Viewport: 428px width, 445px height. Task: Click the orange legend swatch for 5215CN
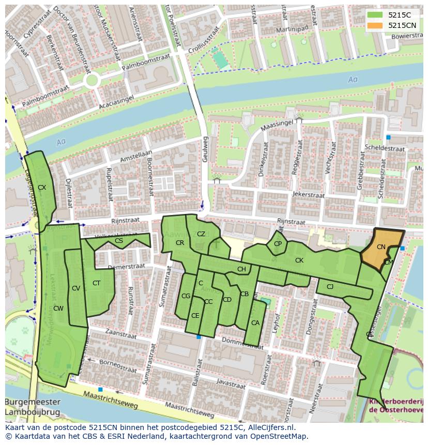point(375,25)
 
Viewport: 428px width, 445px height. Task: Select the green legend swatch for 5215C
point(375,15)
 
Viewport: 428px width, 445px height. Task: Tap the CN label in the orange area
point(381,247)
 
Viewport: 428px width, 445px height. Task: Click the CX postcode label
point(42,188)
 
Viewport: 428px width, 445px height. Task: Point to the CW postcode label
point(58,309)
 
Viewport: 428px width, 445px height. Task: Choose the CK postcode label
point(299,260)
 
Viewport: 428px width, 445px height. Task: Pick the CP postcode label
point(278,244)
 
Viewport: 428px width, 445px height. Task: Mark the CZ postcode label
point(201,234)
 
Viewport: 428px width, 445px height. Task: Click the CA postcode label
point(255,323)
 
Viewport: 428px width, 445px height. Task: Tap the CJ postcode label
point(330,286)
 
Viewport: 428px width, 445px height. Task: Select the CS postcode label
point(119,241)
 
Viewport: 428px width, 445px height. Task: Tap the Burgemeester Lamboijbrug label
point(32,407)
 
